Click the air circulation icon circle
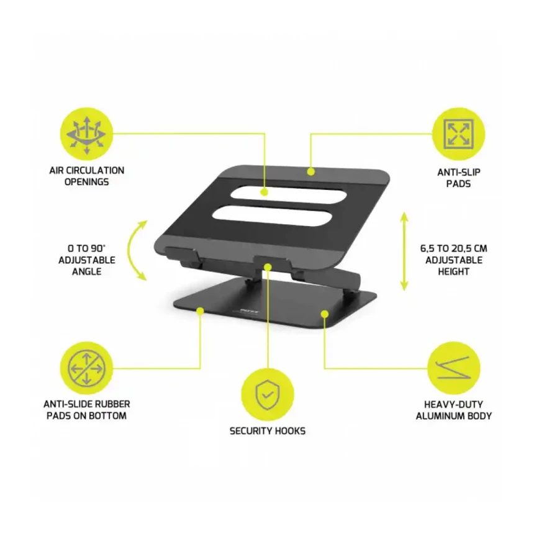pos(86,134)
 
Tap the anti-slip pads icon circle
pos(458,134)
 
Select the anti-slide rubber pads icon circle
pos(86,368)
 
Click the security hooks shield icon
pos(268,395)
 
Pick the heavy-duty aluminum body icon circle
pos(454,368)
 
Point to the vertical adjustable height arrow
pos(404,251)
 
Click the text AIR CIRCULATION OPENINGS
pos(86,176)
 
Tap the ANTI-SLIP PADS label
pos(458,178)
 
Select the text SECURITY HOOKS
pos(268,431)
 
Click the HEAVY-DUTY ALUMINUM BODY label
pos(454,410)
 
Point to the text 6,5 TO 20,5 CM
pos(454,248)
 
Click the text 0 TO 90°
pos(86,248)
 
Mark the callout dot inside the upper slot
pos(265,192)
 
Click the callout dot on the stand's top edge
pos(310,171)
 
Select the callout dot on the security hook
pos(268,267)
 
